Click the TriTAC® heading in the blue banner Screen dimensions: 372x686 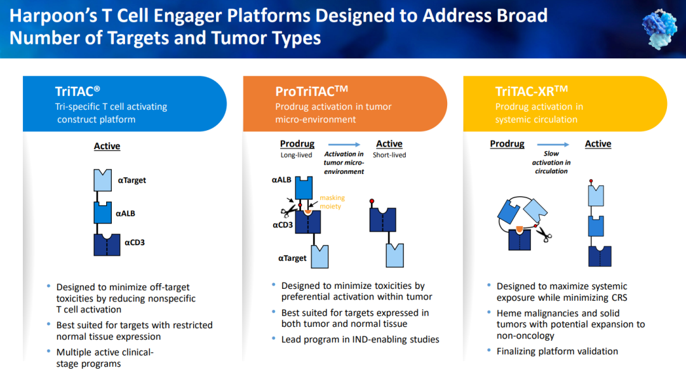77,91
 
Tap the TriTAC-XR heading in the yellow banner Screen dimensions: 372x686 531,91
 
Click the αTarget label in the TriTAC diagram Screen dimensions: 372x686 131,180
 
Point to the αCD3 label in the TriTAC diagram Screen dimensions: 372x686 135,242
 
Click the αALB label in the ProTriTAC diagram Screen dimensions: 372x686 281,180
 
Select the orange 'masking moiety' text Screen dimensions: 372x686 332,202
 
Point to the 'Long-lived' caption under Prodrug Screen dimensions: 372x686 297,155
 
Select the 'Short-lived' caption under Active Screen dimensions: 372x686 389,155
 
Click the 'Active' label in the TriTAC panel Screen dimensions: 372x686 107,146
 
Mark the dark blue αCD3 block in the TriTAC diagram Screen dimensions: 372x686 107,244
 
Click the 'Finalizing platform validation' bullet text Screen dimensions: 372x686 557,351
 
